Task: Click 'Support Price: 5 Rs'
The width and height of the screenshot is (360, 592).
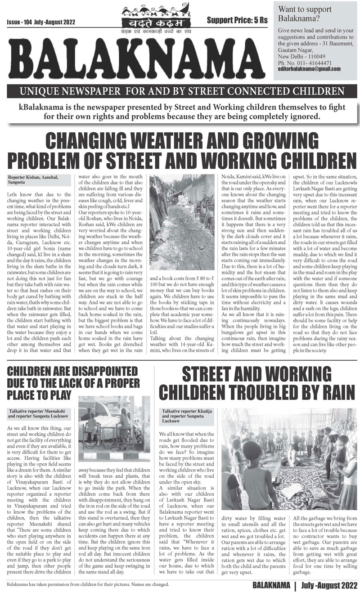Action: point(237,20)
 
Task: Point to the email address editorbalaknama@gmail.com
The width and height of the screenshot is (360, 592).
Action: point(309,69)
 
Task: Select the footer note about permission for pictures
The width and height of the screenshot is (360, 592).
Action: point(88,584)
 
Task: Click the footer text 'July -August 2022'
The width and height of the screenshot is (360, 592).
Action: point(328,584)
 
